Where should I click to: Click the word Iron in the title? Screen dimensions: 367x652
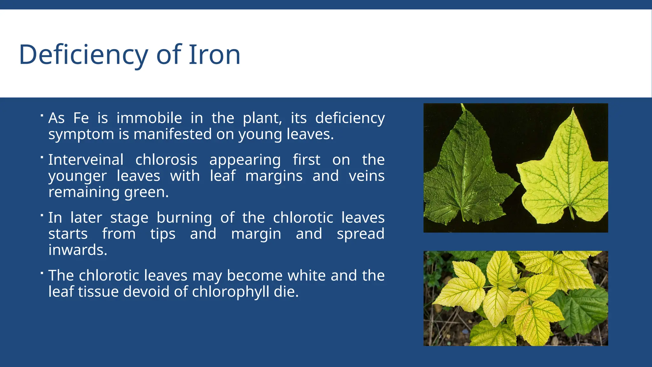[x=214, y=55]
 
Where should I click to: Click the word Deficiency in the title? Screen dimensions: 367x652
[x=83, y=55]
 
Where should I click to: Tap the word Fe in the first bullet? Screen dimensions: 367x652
[x=81, y=118]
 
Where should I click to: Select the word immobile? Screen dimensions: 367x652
[x=149, y=118]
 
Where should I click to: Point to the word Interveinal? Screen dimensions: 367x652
[x=86, y=160]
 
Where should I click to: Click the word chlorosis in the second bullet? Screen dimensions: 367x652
[x=166, y=160]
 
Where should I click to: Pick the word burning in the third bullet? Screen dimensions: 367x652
[x=184, y=218]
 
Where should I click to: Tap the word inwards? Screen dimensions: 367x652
[x=78, y=250]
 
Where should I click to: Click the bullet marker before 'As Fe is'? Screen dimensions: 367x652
[x=42, y=115]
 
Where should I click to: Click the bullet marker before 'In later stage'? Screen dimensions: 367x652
[x=42, y=215]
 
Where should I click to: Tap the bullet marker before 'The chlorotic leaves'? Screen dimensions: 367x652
[x=42, y=273]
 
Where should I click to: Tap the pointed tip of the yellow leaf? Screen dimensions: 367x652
[x=573, y=110]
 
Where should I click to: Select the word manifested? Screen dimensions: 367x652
[x=172, y=134]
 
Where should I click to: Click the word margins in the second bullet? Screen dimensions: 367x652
[x=273, y=176]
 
